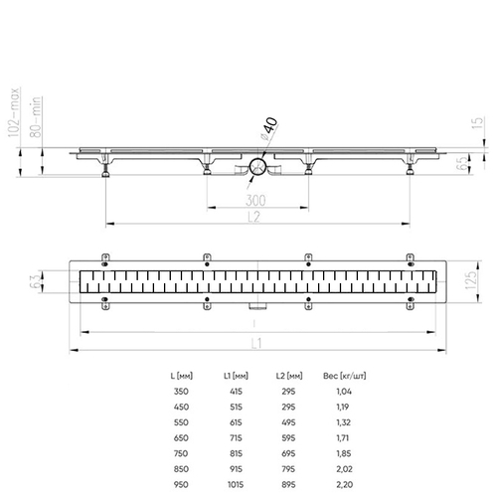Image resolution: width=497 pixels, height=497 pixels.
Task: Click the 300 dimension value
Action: [x=255, y=200]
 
